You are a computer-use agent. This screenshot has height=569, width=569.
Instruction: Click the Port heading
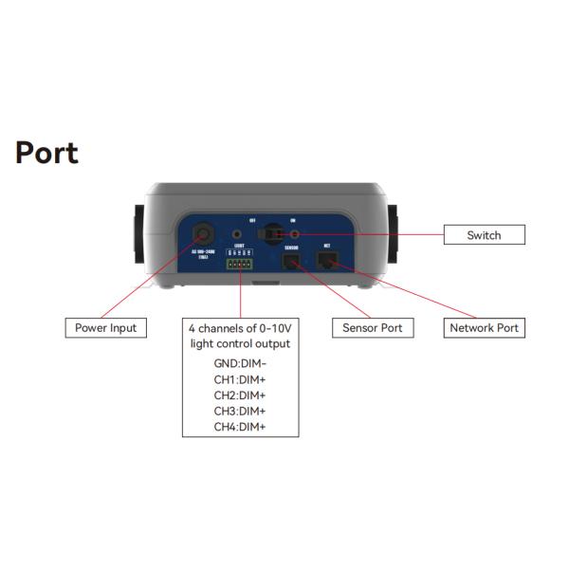(46, 153)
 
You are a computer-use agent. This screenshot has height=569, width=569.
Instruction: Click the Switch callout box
(484, 235)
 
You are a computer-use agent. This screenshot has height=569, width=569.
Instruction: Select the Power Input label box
(105, 328)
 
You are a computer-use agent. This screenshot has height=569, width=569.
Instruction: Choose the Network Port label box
(484, 328)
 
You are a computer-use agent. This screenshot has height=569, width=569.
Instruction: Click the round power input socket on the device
(203, 232)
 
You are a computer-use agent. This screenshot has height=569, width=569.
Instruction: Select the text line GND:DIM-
(240, 363)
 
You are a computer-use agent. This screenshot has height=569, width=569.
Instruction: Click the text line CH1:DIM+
(240, 379)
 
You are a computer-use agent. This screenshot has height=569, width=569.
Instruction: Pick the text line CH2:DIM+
(240, 395)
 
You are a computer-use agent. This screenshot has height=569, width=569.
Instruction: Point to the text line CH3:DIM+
(240, 412)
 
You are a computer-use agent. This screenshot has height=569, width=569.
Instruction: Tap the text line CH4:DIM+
(240, 428)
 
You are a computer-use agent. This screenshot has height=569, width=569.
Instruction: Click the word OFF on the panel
(252, 219)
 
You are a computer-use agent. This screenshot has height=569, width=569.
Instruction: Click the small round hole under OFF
(236, 232)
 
